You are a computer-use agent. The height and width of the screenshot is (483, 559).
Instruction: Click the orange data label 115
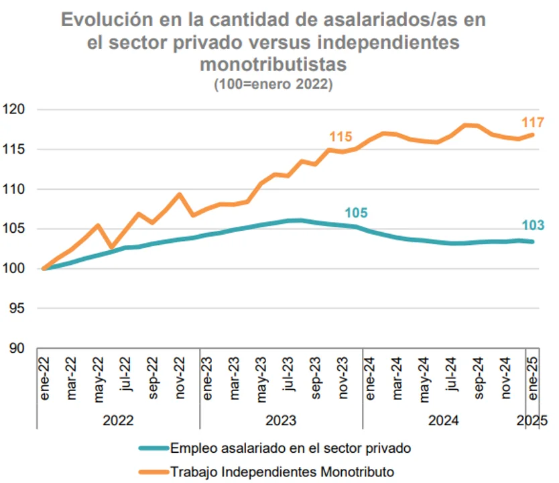[x=340, y=137]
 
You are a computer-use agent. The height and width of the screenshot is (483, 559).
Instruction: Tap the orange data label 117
[x=534, y=122]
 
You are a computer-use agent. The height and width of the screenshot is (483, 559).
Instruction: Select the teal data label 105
[x=356, y=213]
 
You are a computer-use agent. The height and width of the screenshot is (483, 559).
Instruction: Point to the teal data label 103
[x=533, y=225]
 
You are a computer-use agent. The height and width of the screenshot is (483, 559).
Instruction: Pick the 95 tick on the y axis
[x=16, y=309]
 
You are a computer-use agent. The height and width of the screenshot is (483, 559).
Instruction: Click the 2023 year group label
[x=282, y=421]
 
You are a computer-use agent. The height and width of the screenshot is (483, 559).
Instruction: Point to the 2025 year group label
[x=533, y=421]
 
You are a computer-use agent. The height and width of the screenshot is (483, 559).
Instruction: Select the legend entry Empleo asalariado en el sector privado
[x=290, y=447]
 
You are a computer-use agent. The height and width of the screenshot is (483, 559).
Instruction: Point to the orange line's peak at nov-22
[x=180, y=195]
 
